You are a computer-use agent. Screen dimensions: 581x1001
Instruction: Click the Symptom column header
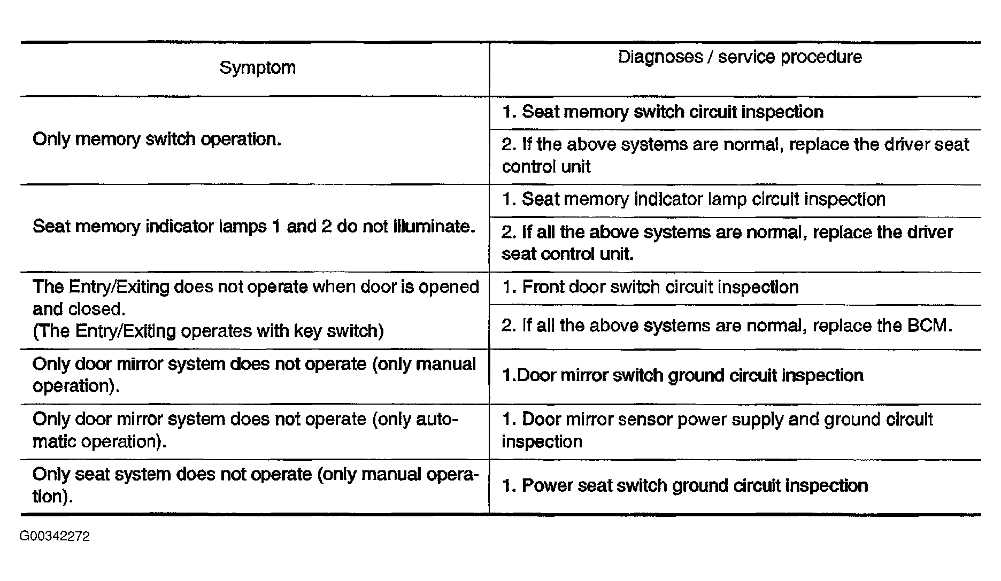click(x=257, y=68)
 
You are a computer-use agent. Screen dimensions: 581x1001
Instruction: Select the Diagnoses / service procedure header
click(x=740, y=57)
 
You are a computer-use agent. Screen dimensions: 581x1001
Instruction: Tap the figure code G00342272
click(x=55, y=536)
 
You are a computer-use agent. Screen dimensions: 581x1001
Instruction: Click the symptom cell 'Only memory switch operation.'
click(x=157, y=140)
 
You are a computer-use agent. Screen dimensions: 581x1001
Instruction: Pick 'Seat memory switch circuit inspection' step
click(x=663, y=112)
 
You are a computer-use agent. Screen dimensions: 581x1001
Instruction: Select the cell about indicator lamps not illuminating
click(x=254, y=227)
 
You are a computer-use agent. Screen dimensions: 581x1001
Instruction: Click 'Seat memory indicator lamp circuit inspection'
click(x=694, y=200)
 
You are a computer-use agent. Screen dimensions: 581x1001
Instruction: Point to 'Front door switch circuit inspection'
click(x=650, y=288)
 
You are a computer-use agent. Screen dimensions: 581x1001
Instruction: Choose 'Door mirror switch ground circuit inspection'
click(x=683, y=376)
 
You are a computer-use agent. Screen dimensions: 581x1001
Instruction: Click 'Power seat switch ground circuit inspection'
click(x=685, y=486)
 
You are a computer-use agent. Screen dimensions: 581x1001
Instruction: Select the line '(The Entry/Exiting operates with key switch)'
click(x=208, y=331)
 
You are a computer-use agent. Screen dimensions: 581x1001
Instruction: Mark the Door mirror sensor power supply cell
click(x=717, y=430)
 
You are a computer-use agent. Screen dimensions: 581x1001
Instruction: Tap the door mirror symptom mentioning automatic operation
click(x=245, y=430)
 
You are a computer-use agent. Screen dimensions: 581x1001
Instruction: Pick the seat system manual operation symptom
click(x=255, y=485)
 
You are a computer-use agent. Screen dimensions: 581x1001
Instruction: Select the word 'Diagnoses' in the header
click(x=660, y=57)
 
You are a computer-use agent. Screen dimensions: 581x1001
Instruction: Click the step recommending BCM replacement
click(x=727, y=326)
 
